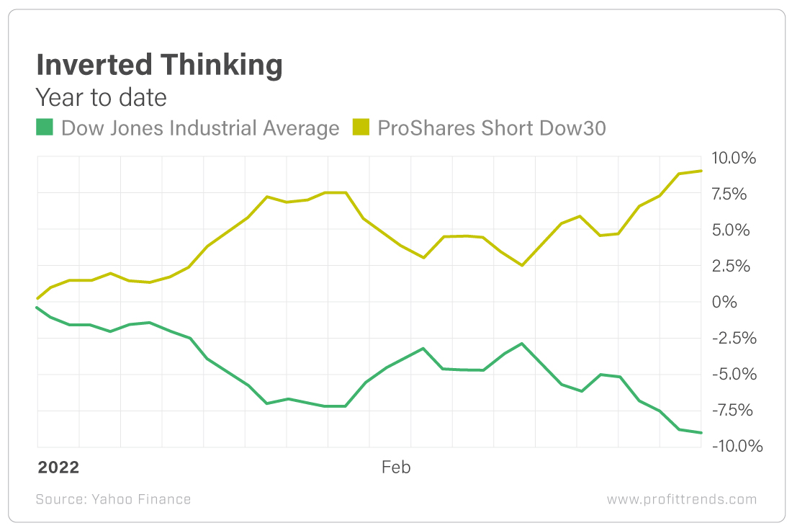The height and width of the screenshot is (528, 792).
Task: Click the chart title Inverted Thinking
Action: [x=159, y=66]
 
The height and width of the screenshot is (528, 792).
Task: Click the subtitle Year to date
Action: [x=101, y=97]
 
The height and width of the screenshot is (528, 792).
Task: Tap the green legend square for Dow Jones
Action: [x=45, y=128]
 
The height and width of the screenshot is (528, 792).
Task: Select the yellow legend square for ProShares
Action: [x=360, y=128]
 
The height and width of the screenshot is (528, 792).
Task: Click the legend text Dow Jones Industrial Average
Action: [x=200, y=128]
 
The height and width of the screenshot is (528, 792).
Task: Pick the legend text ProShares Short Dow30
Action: [x=492, y=128]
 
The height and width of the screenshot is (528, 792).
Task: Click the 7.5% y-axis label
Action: [x=736, y=194]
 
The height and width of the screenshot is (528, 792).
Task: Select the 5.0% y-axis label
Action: [x=736, y=230]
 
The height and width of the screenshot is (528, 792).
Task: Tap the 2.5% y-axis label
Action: [x=736, y=266]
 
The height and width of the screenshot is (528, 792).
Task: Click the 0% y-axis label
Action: [x=724, y=302]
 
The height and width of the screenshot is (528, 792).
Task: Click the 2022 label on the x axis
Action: [x=58, y=467]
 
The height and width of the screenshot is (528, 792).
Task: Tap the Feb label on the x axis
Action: [x=395, y=467]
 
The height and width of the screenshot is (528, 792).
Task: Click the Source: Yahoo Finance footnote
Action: [x=113, y=499]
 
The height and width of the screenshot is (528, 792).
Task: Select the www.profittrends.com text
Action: [x=681, y=499]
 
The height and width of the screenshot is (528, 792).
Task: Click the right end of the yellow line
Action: [x=701, y=171]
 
